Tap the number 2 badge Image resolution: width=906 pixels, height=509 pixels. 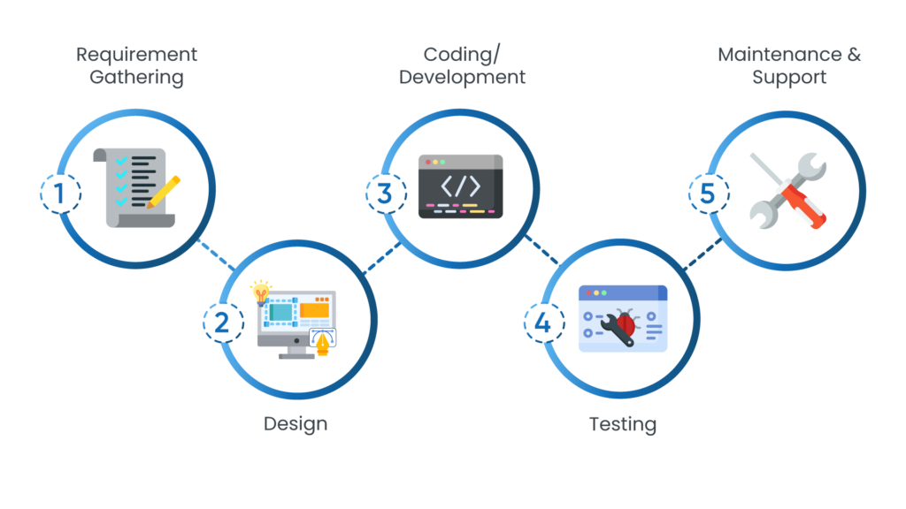pos(222,322)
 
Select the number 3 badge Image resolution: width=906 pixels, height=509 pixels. pos(384,194)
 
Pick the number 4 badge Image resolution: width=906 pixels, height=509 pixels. pos(542,322)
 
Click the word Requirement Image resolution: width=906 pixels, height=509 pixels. pos(136,55)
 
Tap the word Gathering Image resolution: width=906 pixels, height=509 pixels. pos(136,78)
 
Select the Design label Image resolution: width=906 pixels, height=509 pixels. pos(295,424)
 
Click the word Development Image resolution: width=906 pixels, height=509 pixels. pos(462,78)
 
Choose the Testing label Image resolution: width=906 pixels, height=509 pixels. pos(623,424)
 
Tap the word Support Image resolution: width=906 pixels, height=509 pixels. pos(789,78)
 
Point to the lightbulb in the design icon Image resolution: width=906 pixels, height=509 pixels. pos(260,291)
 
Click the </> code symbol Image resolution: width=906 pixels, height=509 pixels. pos(460,186)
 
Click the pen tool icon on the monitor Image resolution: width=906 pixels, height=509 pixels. pos(325,341)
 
